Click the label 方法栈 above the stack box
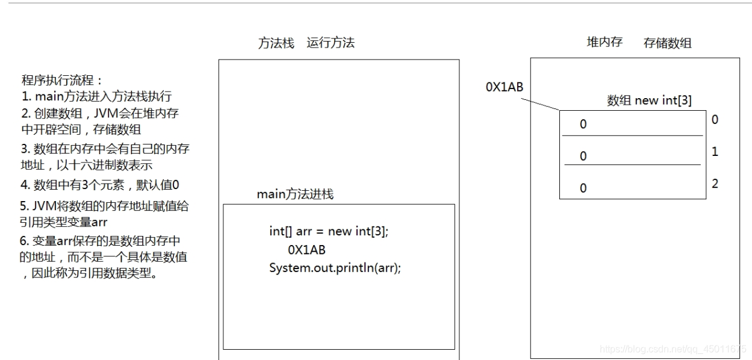tap(276, 43)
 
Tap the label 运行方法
tap(331, 43)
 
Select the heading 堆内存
tap(604, 42)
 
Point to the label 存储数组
tap(667, 43)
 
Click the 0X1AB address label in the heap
tap(505, 87)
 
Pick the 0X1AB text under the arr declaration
tap(306, 249)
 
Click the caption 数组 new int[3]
tap(649, 101)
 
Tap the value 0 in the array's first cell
tap(583, 125)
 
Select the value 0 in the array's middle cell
tap(583, 156)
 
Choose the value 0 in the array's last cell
tap(583, 188)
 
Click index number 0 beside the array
tap(715, 120)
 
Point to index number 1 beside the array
tap(715, 152)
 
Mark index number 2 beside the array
tap(715, 184)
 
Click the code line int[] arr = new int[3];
tap(329, 231)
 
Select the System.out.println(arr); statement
tap(335, 267)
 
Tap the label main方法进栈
tap(295, 194)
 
